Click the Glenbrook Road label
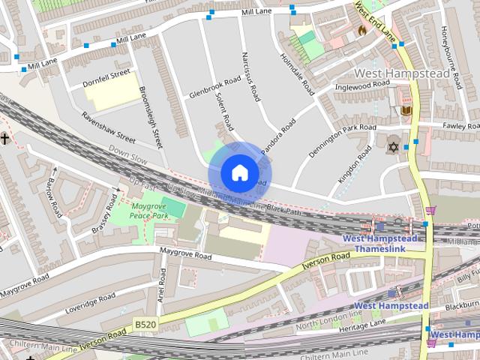[215, 87]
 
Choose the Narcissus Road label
[250, 77]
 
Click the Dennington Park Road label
[342, 142]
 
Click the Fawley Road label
[460, 125]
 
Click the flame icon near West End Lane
[362, 31]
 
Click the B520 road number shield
[145, 323]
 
